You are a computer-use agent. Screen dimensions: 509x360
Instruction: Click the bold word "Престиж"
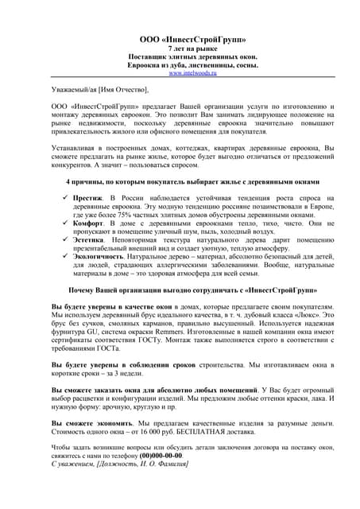click(x=88, y=195)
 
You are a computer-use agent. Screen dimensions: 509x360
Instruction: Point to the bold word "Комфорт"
click(x=90, y=223)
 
